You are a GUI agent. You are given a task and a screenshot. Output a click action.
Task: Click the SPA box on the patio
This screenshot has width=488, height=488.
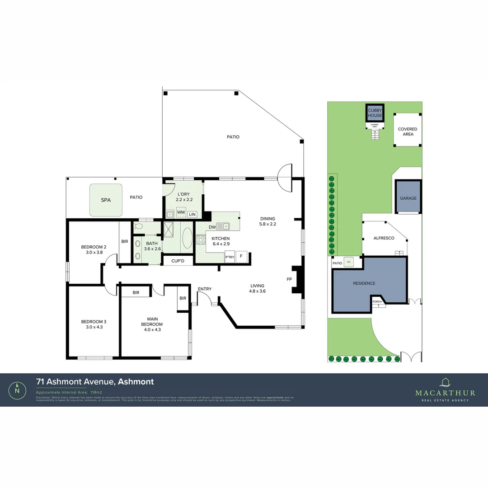pyautogui.click(x=106, y=199)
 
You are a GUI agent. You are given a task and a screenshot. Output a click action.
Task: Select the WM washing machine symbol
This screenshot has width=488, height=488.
pyautogui.click(x=181, y=212)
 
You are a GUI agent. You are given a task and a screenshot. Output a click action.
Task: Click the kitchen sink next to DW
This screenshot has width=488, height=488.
pyautogui.click(x=223, y=226)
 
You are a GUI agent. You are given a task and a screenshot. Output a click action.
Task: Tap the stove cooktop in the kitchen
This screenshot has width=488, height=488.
pyautogui.click(x=201, y=240)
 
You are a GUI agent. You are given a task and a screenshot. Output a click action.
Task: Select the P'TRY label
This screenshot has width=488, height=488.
pyautogui.click(x=230, y=257)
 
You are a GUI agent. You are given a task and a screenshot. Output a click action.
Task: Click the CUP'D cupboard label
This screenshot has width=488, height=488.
pyautogui.click(x=178, y=261)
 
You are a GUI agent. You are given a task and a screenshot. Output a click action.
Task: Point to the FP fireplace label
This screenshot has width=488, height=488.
pyautogui.click(x=289, y=279)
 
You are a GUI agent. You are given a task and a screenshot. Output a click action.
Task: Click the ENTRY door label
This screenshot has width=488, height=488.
pyautogui.click(x=205, y=289)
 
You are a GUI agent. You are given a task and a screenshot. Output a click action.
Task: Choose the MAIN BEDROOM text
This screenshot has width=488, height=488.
pyautogui.click(x=152, y=321)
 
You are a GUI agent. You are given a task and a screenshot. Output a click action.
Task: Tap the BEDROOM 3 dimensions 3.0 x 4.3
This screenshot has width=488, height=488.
pyautogui.click(x=94, y=327)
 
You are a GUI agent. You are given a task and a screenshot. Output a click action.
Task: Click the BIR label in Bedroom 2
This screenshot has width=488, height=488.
pyautogui.click(x=124, y=242)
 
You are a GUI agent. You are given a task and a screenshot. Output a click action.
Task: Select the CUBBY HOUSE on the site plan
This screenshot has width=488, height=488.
pyautogui.click(x=375, y=113)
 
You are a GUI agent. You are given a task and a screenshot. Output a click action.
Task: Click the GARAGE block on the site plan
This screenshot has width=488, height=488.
pyautogui.click(x=408, y=198)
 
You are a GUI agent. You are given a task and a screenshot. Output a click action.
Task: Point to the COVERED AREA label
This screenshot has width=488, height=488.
pyautogui.click(x=408, y=131)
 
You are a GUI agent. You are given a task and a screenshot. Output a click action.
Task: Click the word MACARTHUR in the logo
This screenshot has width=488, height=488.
pyautogui.click(x=445, y=393)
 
